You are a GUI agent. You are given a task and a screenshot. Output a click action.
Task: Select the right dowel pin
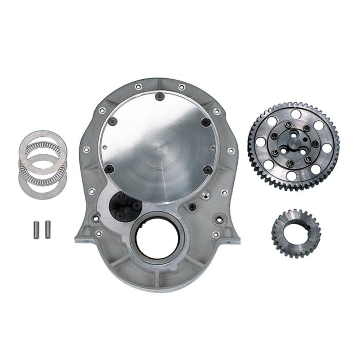[x=48, y=226]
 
